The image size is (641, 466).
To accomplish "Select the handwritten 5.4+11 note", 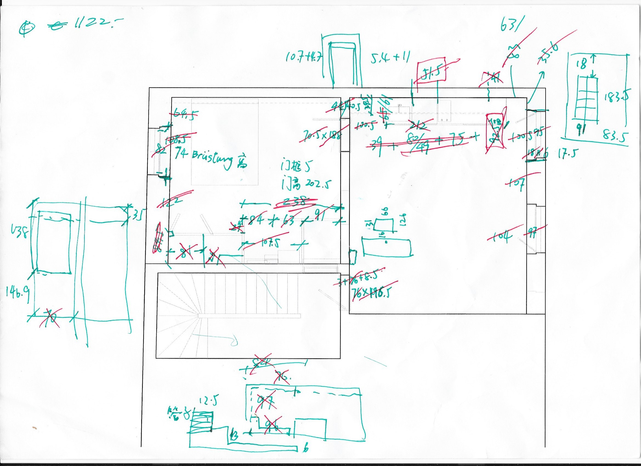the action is pyautogui.click(x=390, y=59).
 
